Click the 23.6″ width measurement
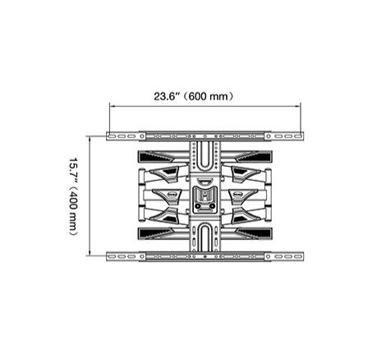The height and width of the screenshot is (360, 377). pyautogui.click(x=166, y=96)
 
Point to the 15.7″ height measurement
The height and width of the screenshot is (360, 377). pyautogui.click(x=73, y=171)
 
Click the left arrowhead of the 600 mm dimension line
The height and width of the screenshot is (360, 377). pyautogui.click(x=112, y=106)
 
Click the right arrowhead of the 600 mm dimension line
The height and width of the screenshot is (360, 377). pyautogui.click(x=298, y=106)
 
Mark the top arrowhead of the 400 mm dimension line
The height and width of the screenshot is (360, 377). pyautogui.click(x=90, y=138)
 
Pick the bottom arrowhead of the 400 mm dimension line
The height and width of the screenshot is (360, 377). pyautogui.click(x=90, y=253)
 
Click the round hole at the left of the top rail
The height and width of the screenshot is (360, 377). pyautogui.click(x=142, y=136)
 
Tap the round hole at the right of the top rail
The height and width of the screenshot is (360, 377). pyautogui.click(x=269, y=136)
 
